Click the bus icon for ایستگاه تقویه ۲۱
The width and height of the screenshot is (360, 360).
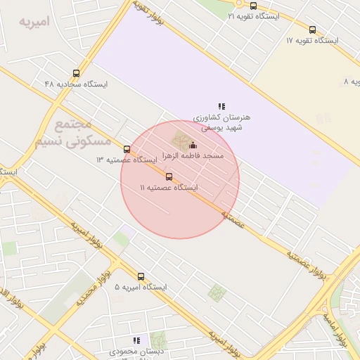click(253, 6)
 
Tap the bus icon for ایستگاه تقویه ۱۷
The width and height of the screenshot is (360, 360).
click(312, 30)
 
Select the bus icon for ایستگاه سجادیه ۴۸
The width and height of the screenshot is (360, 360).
click(76, 73)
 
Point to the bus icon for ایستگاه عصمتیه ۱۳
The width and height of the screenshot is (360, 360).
click(127, 149)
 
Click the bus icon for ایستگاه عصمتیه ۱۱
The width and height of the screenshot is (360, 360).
click(169, 176)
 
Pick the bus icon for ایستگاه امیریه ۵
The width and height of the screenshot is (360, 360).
click(141, 276)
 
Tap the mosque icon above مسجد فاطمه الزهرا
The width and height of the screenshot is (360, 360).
click(193, 145)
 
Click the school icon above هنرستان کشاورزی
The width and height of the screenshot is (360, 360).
click(221, 106)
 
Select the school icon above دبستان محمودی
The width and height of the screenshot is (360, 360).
click(136, 340)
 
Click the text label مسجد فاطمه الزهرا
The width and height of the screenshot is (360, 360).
click(193, 155)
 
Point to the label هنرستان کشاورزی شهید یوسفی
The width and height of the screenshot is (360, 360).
click(221, 122)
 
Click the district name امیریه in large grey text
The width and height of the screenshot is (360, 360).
click(35, 22)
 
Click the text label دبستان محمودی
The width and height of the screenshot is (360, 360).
click(136, 350)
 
